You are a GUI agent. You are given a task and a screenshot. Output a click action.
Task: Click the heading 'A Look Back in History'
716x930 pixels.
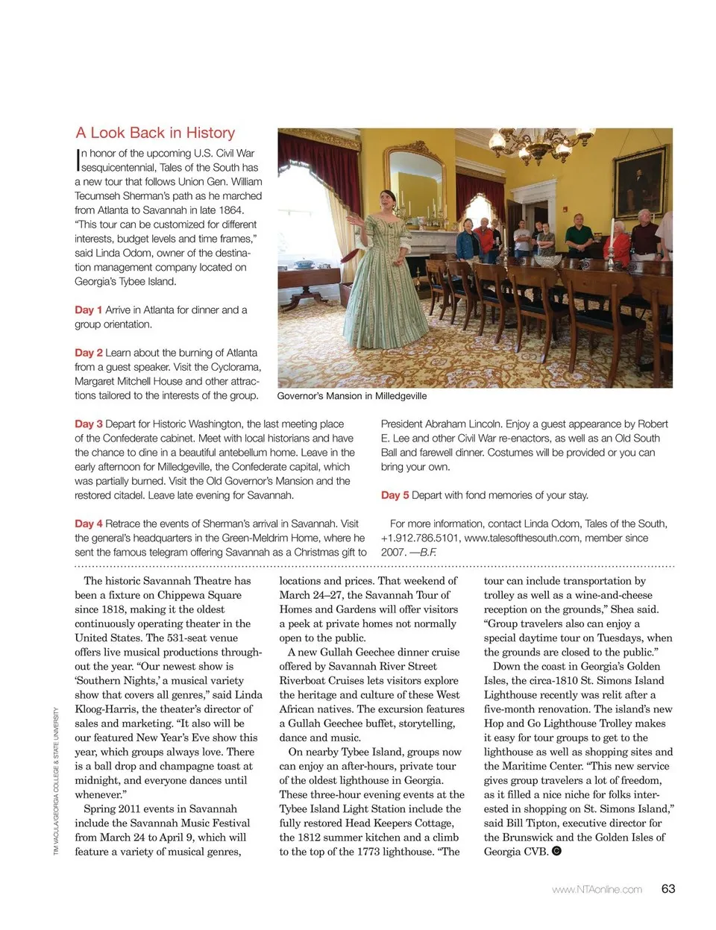tap(155, 133)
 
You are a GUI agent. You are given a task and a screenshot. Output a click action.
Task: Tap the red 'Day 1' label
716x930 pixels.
tap(88, 310)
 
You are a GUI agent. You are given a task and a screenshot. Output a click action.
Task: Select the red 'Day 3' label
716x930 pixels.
tap(88, 424)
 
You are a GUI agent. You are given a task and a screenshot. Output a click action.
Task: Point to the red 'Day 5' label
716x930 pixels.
tap(395, 494)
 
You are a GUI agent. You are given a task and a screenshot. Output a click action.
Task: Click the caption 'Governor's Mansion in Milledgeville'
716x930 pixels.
tap(352, 396)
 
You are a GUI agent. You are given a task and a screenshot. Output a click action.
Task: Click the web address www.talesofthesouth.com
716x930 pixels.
tap(521, 538)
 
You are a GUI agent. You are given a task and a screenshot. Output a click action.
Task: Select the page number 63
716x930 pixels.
tap(668, 888)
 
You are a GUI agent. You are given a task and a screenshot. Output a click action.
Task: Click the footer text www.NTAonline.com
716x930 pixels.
tap(597, 889)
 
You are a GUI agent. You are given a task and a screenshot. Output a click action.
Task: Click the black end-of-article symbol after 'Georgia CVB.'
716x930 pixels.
tap(556, 851)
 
